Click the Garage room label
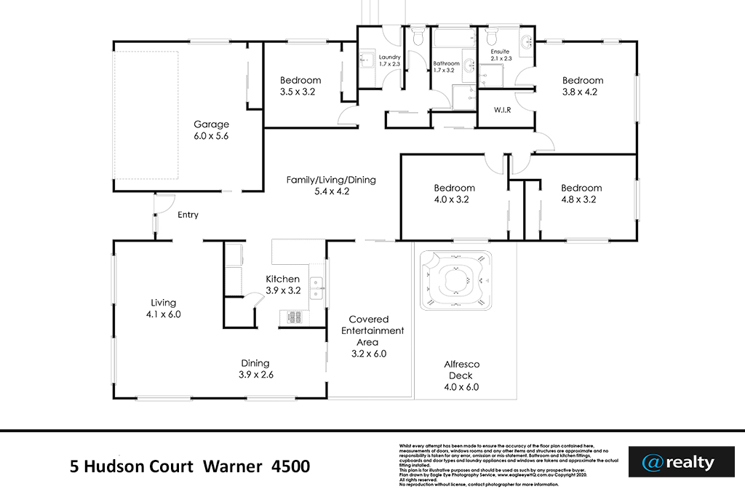point(211,124)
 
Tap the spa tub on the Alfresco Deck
point(455,277)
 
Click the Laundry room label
point(390,57)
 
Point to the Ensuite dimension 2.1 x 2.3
point(501,59)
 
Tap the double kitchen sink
point(316,288)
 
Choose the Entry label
point(188,215)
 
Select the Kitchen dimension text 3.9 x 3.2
point(283,290)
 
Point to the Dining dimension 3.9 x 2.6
point(255,375)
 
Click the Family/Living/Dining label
point(331,180)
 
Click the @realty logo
point(678,462)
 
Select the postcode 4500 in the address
point(290,466)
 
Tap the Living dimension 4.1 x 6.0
point(163,314)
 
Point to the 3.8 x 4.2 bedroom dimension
point(580,92)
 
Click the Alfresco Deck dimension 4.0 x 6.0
point(461,387)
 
